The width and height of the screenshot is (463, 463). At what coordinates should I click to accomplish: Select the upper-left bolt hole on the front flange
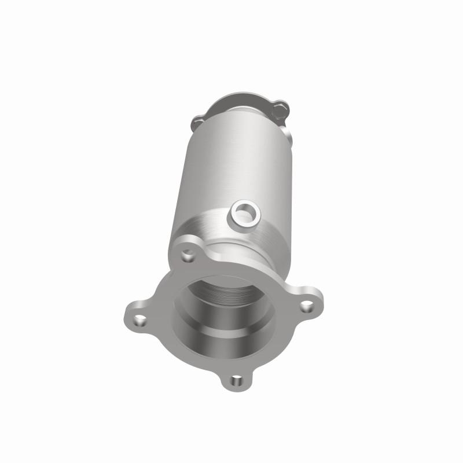pyautogui.click(x=187, y=254)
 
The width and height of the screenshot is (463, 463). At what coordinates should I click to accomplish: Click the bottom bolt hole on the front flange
pyautogui.click(x=236, y=380)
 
